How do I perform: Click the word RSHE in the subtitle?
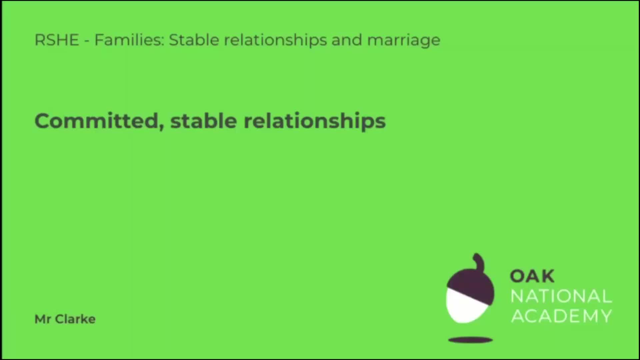(x=57, y=40)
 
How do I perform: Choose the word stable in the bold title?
(x=204, y=121)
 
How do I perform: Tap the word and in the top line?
(x=347, y=40)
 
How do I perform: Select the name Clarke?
(x=75, y=319)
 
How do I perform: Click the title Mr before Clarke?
(x=43, y=319)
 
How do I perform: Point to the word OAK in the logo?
(x=532, y=276)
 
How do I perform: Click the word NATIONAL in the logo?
(x=561, y=296)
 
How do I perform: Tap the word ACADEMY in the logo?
(x=562, y=316)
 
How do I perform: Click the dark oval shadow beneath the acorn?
(x=470, y=340)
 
